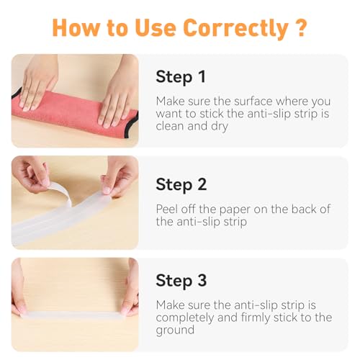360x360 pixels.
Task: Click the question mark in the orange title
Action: (300, 27)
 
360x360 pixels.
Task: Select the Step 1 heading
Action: (181, 77)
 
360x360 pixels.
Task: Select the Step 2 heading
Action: (181, 185)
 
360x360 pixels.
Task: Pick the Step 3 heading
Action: (181, 281)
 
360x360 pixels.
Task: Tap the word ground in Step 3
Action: (175, 330)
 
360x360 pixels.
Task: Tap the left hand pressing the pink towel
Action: (38, 84)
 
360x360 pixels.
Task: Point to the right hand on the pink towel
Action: (117, 94)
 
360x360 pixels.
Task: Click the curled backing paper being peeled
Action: (61, 192)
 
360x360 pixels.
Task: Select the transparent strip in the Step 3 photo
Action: (73, 315)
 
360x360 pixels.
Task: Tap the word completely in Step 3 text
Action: (185, 318)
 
